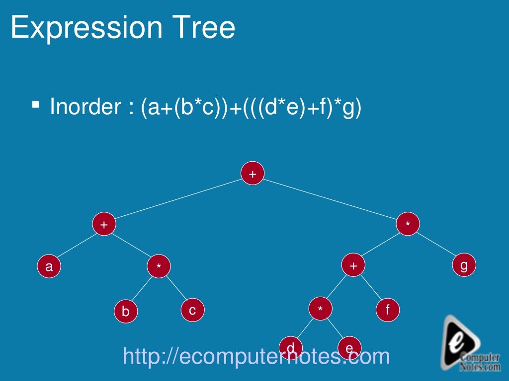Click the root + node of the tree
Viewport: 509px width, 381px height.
[253, 174]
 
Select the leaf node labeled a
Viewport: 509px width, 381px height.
[49, 267]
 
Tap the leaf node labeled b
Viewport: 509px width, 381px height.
[125, 311]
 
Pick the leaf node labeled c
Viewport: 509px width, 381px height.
[192, 310]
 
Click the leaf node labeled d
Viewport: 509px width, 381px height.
[291, 347]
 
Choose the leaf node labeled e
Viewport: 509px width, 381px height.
[349, 347]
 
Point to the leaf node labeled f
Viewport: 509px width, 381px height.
[388, 310]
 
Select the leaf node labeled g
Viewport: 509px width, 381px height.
[464, 266]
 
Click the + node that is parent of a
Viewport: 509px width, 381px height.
[104, 225]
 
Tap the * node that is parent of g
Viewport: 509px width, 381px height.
[408, 225]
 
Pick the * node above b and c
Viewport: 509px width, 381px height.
[159, 267]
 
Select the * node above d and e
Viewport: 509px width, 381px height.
[321, 310]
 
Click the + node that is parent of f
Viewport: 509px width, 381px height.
[353, 266]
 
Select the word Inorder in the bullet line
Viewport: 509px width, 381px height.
[85, 107]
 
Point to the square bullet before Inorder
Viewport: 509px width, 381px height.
[36, 105]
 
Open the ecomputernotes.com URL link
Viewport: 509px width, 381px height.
[256, 356]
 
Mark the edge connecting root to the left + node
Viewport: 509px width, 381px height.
[178, 199]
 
